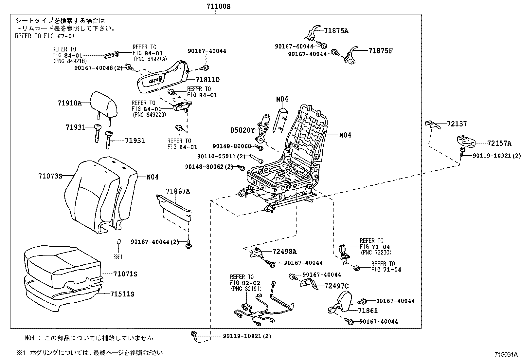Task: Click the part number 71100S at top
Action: pos(216,6)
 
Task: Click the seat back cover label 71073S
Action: pos(50,176)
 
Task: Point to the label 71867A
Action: pos(177,191)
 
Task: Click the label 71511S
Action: pos(122,294)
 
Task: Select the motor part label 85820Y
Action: pos(242,130)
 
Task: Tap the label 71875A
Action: pos(336,31)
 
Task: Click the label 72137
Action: pos(457,124)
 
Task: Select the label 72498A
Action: pos(284,252)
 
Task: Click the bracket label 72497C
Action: pos(336,286)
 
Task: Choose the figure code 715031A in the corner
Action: pos(506,355)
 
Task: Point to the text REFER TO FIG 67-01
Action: pos(45,36)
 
